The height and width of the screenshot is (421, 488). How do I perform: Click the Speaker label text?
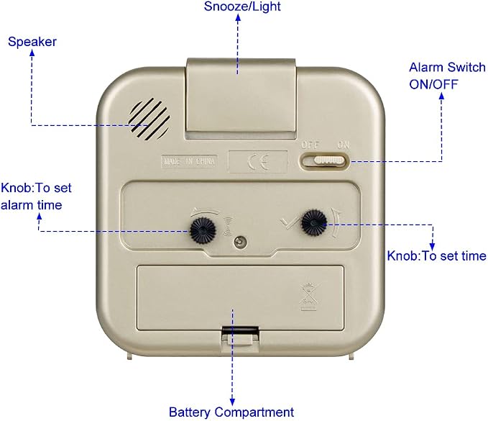[x=32, y=42]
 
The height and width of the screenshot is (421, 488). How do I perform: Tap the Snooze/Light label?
[x=242, y=6]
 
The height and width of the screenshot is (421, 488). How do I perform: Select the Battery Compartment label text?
[x=231, y=412]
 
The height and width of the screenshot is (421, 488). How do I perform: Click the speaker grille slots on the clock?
[x=149, y=119]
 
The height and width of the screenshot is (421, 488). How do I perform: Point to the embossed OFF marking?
[x=310, y=145]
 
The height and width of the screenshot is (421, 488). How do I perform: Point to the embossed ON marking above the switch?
[x=344, y=145]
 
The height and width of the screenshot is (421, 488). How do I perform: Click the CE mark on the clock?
[x=258, y=162]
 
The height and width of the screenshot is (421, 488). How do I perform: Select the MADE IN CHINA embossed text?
[x=189, y=161]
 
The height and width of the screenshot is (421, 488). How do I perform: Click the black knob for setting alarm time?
[x=203, y=231]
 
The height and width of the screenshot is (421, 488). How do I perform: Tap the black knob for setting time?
[x=313, y=222]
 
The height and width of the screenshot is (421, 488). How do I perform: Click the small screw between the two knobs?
[x=239, y=242]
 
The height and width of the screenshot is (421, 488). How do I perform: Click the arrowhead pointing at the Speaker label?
[x=32, y=53]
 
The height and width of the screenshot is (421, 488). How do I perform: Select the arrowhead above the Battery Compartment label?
[x=232, y=402]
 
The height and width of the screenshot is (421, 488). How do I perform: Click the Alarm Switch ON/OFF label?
[x=447, y=76]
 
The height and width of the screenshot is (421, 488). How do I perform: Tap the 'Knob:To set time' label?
[x=436, y=256]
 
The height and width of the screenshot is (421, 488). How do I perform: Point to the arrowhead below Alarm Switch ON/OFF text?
[x=441, y=96]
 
